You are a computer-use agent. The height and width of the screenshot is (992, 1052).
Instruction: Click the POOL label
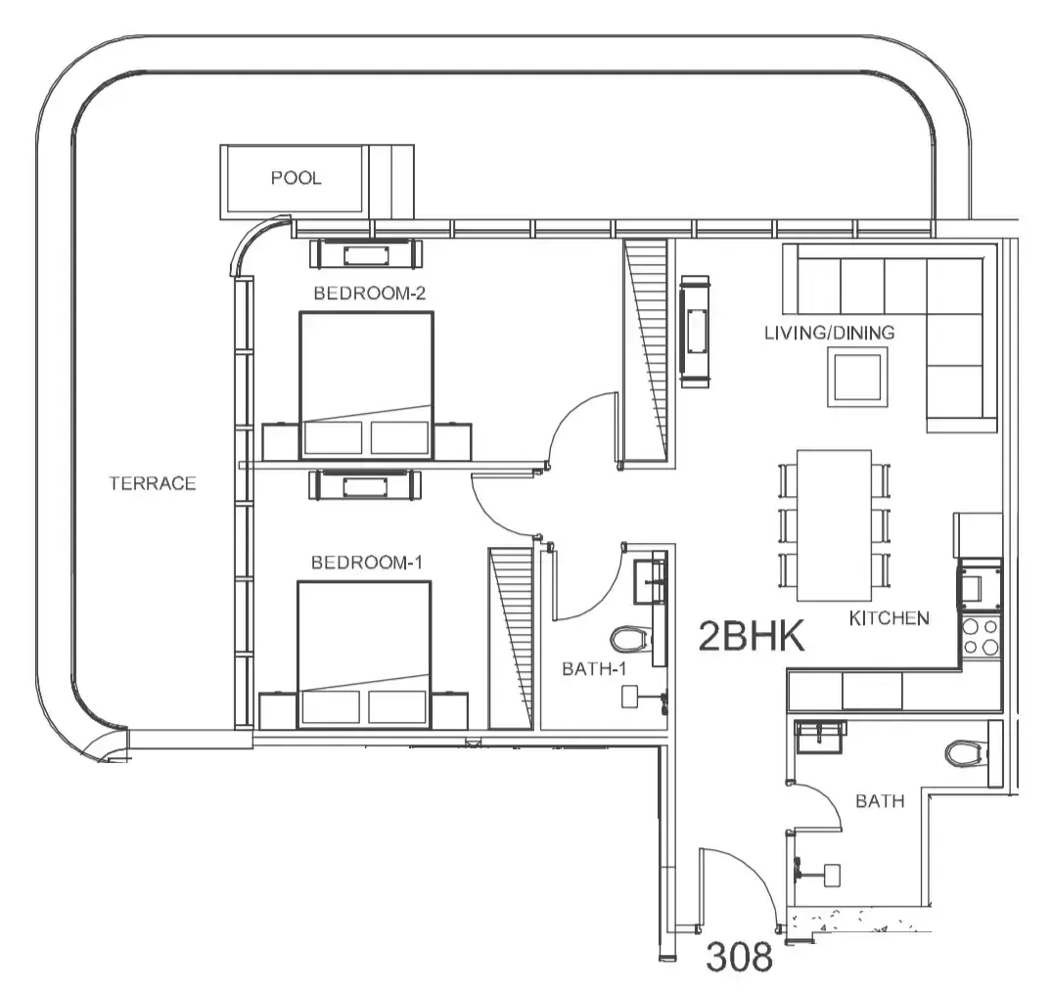[x=296, y=178]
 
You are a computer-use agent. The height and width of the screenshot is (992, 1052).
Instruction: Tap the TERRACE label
[x=153, y=483]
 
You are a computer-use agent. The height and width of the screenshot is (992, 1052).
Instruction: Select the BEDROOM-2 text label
[x=370, y=293]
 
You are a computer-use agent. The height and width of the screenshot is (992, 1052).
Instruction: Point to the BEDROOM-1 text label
[x=367, y=563]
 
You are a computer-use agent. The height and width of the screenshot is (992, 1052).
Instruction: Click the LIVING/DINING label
[x=830, y=333]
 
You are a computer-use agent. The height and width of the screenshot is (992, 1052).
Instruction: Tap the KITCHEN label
[x=890, y=617]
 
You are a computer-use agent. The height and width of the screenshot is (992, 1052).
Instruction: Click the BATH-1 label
[x=594, y=669]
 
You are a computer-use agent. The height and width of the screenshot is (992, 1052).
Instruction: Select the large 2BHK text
[x=752, y=636]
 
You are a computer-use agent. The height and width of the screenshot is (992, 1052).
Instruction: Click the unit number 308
[x=740, y=957]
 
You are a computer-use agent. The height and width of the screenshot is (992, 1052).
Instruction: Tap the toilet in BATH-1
[x=631, y=639]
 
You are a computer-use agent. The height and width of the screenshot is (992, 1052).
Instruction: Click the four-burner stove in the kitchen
[x=981, y=637]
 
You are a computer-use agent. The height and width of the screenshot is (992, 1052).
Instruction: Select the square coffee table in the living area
[x=857, y=379]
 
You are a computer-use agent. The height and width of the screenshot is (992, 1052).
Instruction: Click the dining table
[x=834, y=525]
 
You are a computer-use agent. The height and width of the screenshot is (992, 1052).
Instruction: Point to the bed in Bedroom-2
[x=366, y=385]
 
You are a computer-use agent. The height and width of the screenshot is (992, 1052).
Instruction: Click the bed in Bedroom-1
[x=364, y=654]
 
